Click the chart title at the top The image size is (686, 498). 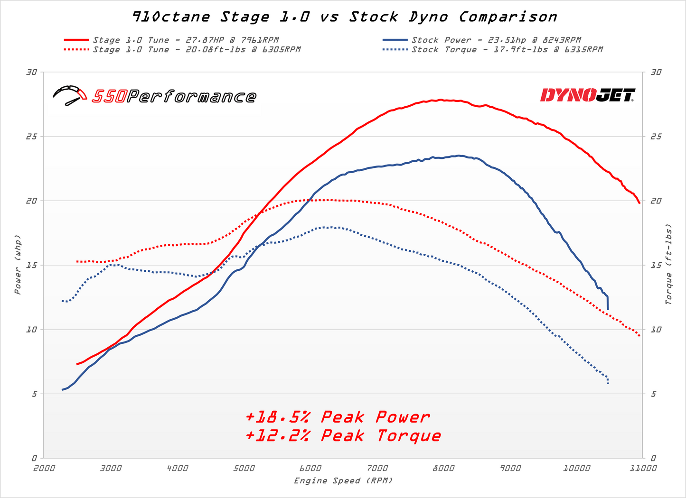[344, 17]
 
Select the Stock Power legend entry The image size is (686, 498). [496, 40]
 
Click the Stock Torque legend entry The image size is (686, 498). [507, 50]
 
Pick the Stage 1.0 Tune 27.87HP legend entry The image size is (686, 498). [185, 40]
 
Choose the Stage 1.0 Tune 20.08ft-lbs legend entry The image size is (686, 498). [196, 50]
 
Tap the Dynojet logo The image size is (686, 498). [588, 95]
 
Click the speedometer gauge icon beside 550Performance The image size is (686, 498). [70, 95]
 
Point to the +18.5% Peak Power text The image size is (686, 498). [338, 417]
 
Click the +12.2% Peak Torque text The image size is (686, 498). [343, 436]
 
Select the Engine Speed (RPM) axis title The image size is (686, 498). [343, 481]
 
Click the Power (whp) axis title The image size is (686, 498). [18, 265]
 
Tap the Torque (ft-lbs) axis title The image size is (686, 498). [669, 265]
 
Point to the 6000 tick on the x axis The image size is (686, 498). [310, 469]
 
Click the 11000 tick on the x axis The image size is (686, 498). [643, 469]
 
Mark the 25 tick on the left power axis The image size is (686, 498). [31, 137]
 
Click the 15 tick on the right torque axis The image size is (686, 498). [656, 265]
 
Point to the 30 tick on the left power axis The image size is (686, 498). [31, 72]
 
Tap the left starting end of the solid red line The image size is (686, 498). [77, 364]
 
